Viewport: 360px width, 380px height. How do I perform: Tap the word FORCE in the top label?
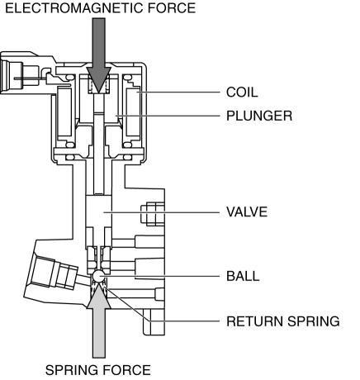tap(172, 7)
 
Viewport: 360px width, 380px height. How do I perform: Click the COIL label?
tap(242, 93)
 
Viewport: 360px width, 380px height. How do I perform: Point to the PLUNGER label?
tap(259, 116)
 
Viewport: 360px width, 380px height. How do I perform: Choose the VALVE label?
tap(247, 211)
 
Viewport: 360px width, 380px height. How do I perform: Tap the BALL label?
tap(243, 276)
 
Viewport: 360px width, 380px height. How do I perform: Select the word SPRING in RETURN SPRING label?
tap(314, 321)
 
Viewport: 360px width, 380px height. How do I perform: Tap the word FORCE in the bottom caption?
tap(127, 370)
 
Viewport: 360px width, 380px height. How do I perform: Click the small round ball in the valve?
tap(99, 276)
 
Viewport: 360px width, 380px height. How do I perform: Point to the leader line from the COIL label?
tap(179, 93)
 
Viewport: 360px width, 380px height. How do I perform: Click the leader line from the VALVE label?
tap(162, 212)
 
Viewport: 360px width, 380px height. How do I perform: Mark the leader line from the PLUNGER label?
tap(168, 116)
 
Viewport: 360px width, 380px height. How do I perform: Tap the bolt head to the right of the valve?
tap(153, 215)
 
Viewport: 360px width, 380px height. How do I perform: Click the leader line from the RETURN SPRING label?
tap(163, 314)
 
